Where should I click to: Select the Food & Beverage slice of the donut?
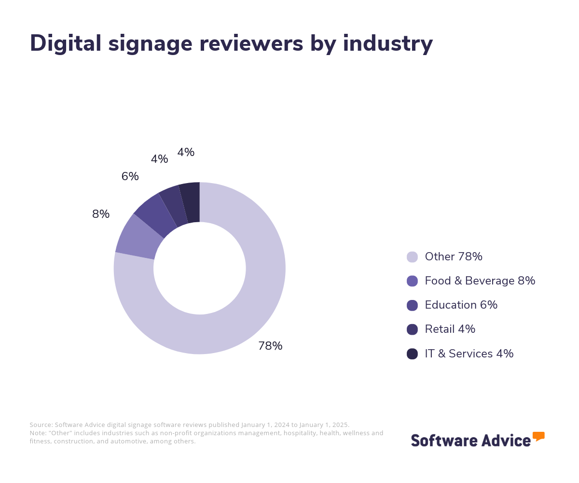(138, 237)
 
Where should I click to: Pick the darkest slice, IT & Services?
(191, 202)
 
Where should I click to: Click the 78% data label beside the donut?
(270, 346)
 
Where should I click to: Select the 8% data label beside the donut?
(101, 214)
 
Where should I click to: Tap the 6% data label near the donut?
(130, 176)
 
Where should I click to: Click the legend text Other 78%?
(454, 256)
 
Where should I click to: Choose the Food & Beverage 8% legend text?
(480, 281)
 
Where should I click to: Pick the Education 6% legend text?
(461, 305)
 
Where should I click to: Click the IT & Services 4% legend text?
(469, 354)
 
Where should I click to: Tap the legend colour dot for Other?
(412, 257)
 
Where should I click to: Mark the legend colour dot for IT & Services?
(412, 354)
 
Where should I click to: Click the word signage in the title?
(152, 43)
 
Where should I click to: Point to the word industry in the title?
(388, 43)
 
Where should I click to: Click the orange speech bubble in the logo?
(538, 436)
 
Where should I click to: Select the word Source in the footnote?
(41, 425)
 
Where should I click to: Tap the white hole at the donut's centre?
(199, 268)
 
